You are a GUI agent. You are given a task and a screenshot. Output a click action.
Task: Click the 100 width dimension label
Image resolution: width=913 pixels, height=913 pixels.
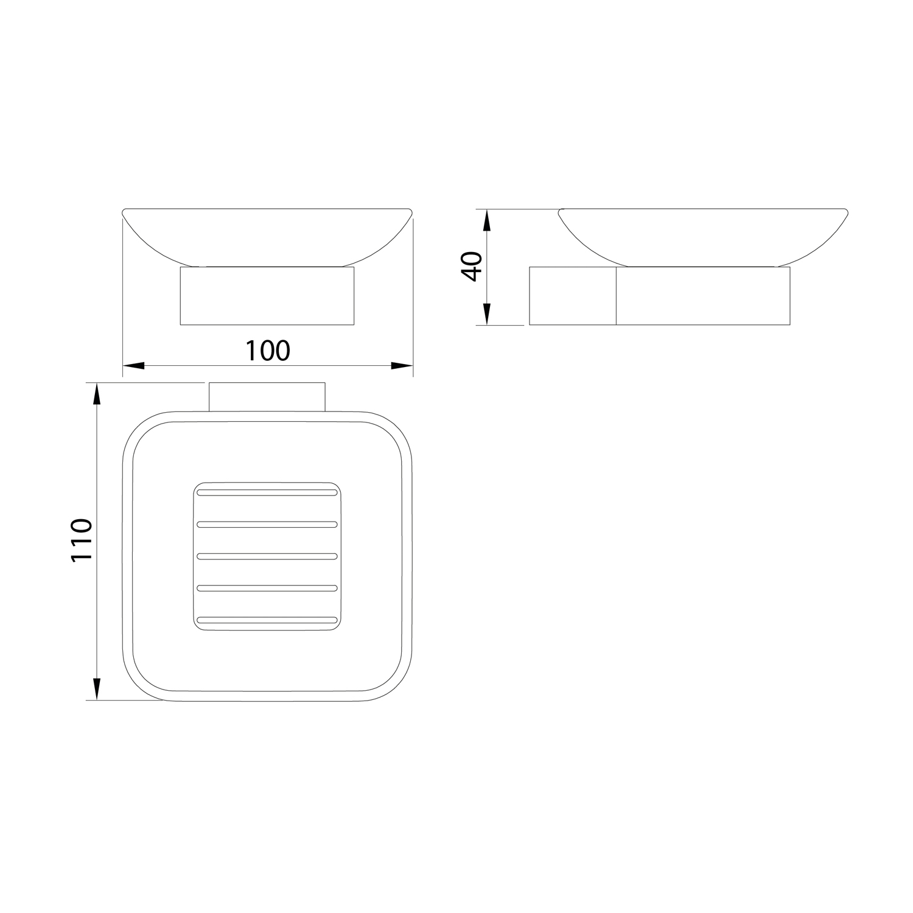click(x=268, y=351)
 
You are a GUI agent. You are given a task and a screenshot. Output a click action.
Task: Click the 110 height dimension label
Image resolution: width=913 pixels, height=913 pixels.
click(x=81, y=540)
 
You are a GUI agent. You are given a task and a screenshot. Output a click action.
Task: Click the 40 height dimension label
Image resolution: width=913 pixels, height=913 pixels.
click(x=472, y=266)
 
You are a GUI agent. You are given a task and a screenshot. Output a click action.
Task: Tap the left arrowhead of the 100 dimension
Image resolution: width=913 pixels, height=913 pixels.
click(x=134, y=366)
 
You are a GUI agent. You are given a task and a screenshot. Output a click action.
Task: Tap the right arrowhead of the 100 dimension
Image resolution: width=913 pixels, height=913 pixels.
click(x=402, y=366)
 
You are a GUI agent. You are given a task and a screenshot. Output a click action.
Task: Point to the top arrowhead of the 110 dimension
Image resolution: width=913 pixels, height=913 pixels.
click(x=96, y=393)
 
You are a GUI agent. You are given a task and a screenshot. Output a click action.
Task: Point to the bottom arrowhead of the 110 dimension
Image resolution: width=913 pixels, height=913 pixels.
click(x=96, y=689)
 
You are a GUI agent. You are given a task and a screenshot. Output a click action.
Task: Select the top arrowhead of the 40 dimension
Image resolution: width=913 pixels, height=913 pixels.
click(x=486, y=220)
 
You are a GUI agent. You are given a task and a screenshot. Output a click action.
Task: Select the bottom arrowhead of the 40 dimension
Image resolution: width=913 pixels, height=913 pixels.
click(x=486, y=314)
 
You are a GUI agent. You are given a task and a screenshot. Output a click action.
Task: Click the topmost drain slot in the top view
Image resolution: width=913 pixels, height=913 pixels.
click(x=267, y=491)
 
